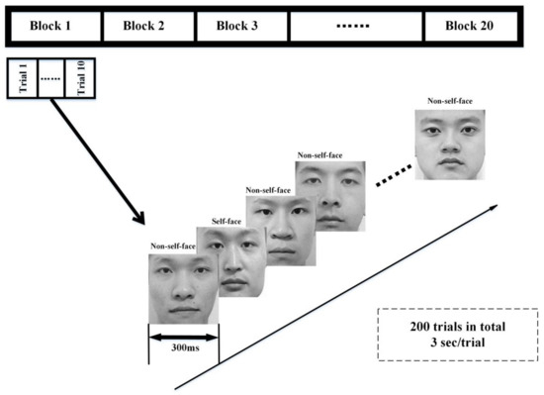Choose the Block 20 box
(471, 25)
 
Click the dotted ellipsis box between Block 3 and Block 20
(356, 25)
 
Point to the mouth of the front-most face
(182, 310)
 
